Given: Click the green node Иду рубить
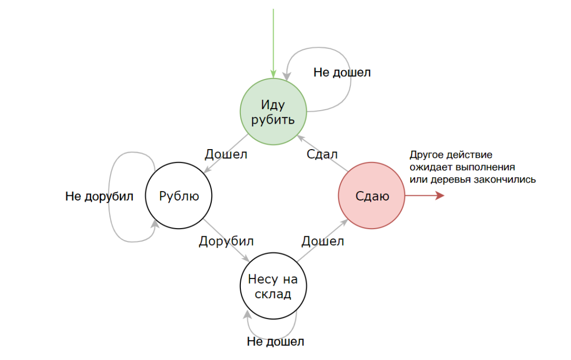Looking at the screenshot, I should pyautogui.click(x=273, y=112).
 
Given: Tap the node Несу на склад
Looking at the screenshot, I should pyautogui.click(x=273, y=286).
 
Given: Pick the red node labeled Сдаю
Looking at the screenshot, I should pyautogui.click(x=372, y=196).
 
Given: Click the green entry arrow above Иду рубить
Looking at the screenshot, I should pyautogui.click(x=273, y=42).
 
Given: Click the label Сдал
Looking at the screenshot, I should pyautogui.click(x=322, y=154).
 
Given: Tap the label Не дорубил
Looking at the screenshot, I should pyautogui.click(x=99, y=196).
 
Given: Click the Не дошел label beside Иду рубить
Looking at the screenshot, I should pyautogui.click(x=342, y=72).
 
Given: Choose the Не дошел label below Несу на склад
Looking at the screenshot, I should pyautogui.click(x=275, y=341).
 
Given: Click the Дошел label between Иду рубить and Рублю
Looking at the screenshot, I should pyautogui.click(x=226, y=154).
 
